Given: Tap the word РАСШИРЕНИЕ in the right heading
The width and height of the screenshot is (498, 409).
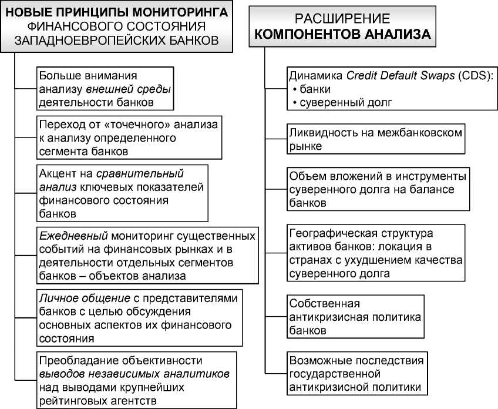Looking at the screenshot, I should point(343,19).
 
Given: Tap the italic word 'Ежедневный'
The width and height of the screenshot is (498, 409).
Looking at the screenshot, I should point(67,236).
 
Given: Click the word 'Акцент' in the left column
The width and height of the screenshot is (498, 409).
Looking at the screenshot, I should point(58,175).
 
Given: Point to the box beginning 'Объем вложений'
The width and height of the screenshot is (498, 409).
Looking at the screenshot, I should point(378,189).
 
